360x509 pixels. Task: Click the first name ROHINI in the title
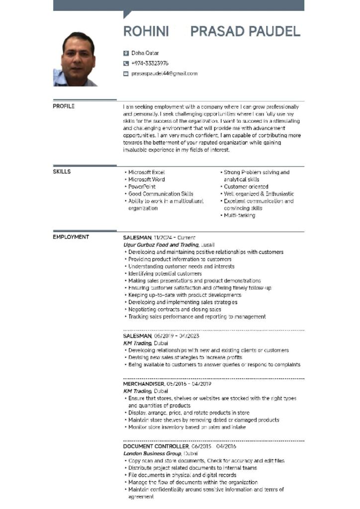[146, 32]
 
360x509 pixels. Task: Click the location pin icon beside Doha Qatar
[126, 53]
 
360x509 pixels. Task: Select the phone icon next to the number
[126, 64]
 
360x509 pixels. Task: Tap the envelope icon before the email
[126, 74]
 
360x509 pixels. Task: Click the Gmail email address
[164, 74]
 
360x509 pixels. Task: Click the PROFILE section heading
[64, 106]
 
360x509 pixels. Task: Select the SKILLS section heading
[62, 172]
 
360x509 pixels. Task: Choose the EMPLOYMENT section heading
[71, 237]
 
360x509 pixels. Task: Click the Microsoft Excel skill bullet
[146, 172]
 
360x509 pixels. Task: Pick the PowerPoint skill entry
[142, 187]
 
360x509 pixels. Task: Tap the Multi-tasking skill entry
[239, 216]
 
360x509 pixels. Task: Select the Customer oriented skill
[246, 187]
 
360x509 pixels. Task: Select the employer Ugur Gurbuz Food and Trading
[161, 245]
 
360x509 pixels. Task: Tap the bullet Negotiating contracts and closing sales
[175, 309]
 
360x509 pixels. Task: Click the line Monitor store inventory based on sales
[186, 427]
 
